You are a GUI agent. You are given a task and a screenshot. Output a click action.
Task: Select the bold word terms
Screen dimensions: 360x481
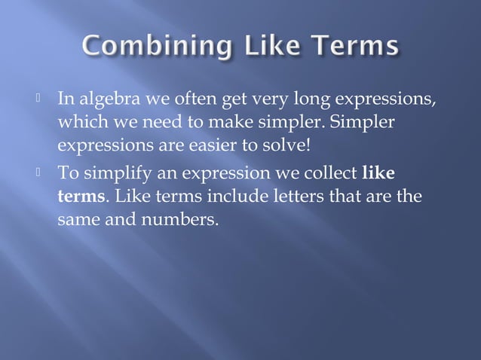(81, 197)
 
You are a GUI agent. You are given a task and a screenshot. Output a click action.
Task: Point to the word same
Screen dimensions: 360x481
(78, 221)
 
